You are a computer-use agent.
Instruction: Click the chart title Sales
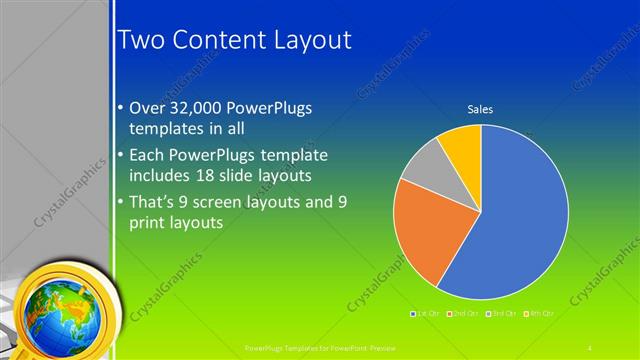coord(481,109)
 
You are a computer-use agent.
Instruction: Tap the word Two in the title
coord(144,40)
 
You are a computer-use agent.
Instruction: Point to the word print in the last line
coord(151,224)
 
